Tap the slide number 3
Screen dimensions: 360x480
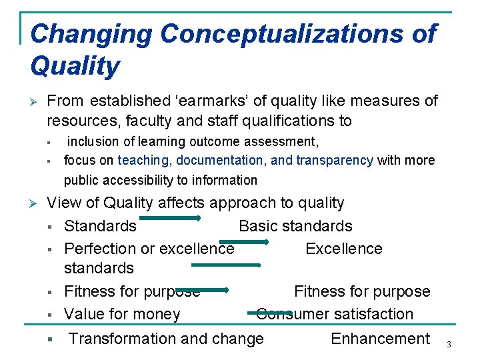click(x=449, y=344)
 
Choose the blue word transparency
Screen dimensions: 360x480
click(x=334, y=160)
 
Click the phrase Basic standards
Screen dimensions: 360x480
click(x=295, y=226)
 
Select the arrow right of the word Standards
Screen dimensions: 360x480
click(x=171, y=218)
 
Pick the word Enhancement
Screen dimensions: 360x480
click(x=380, y=339)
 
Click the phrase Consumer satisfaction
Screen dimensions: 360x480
click(x=335, y=314)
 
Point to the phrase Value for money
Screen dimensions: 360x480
click(x=122, y=314)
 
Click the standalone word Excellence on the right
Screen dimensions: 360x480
click(x=344, y=249)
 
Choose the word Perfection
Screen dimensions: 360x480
click(x=100, y=249)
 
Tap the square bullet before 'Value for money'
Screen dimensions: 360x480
click(x=50, y=315)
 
